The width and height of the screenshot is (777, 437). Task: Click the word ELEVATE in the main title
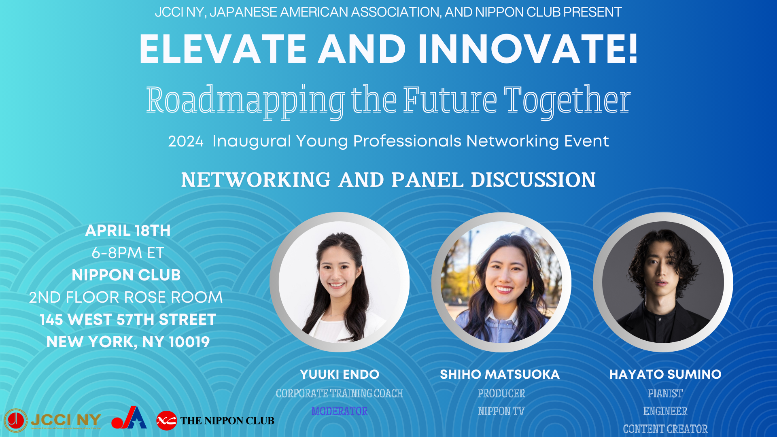[x=223, y=49]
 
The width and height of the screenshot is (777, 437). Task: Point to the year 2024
[x=186, y=141]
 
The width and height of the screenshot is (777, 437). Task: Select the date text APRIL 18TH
[x=128, y=231]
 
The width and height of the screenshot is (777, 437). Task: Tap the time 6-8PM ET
[x=128, y=253]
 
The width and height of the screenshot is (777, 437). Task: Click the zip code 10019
[x=189, y=342]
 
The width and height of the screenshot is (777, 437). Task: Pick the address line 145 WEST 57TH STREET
[x=128, y=320]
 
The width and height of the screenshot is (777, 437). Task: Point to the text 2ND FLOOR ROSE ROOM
[x=126, y=297]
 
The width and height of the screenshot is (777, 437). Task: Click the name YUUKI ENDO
[x=340, y=374]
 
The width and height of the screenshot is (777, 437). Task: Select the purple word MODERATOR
[x=340, y=411]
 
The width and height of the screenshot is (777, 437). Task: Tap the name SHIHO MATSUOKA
[x=500, y=374]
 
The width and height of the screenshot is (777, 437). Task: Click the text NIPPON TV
[x=501, y=411]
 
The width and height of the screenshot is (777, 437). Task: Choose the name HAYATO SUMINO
[x=665, y=374]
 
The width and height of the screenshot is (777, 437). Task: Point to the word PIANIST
[x=665, y=393]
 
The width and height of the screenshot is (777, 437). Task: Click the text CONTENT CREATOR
[x=665, y=429]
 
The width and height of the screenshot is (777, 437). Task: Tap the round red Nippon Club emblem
[x=166, y=420]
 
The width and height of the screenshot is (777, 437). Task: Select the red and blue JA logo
[x=129, y=418]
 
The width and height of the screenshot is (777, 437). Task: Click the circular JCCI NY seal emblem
[x=16, y=420]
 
